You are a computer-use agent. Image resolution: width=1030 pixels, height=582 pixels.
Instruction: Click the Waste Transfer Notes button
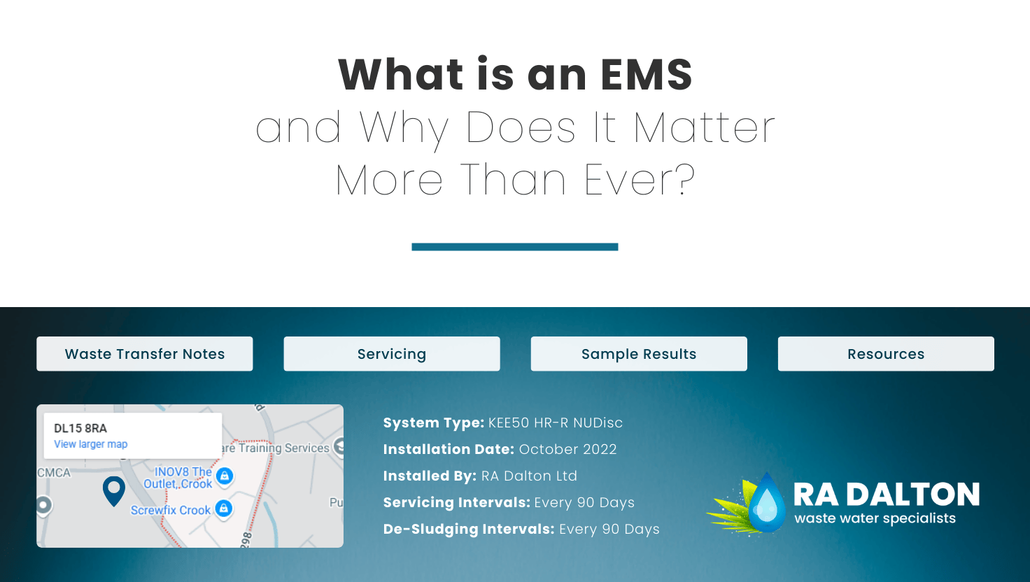144,353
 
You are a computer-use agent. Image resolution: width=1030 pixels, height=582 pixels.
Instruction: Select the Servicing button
392,353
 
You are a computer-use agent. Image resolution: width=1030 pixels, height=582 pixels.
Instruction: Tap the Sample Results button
639,353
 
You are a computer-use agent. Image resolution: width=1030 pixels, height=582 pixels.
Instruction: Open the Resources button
886,353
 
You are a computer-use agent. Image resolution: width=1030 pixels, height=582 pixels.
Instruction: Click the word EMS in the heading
647,74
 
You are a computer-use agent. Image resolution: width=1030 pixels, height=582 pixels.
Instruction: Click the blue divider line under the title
515,247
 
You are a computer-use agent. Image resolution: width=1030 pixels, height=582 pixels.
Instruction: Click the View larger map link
90,444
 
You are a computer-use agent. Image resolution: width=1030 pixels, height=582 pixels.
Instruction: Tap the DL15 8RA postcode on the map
80,428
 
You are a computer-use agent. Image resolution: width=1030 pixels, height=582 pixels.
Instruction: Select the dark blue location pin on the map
114,490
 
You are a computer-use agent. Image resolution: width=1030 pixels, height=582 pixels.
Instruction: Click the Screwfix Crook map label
171,510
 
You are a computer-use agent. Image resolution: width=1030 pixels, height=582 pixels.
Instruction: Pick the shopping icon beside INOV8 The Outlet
225,476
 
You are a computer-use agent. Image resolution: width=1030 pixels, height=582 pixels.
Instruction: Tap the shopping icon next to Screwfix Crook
224,509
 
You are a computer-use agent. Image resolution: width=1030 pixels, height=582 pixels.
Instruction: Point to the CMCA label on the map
54,473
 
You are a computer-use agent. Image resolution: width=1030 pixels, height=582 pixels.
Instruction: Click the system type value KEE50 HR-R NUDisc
556,423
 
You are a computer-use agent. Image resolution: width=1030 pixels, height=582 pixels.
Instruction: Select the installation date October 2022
568,449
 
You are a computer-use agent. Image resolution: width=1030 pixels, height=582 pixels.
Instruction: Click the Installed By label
430,476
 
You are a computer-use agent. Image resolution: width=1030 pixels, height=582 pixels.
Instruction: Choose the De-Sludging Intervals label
469,529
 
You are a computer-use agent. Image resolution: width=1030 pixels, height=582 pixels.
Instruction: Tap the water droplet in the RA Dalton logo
767,503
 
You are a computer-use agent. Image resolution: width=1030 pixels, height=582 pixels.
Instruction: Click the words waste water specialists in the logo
875,518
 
